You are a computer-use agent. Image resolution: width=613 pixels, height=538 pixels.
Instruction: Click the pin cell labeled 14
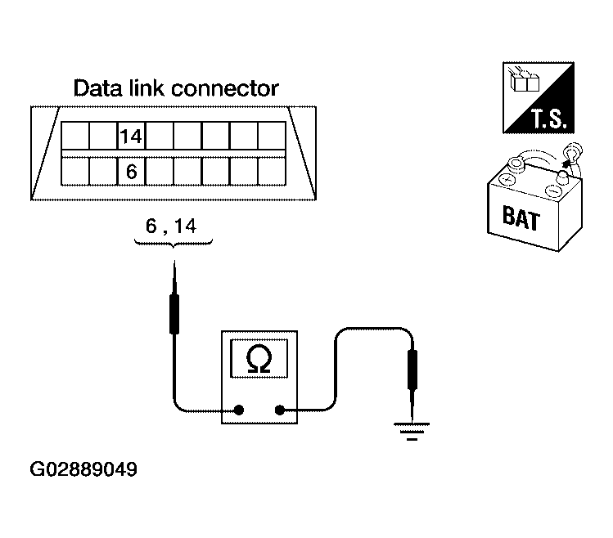pyautogui.click(x=131, y=136)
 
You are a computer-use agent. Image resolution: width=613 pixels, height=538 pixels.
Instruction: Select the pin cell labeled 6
pyautogui.click(x=131, y=171)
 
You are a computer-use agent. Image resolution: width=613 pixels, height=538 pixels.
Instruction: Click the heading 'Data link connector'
pyautogui.click(x=176, y=88)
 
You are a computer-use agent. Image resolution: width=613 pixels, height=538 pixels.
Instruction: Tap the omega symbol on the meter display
pyautogui.click(x=259, y=359)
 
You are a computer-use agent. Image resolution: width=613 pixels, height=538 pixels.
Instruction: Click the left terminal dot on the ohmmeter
pyautogui.click(x=238, y=410)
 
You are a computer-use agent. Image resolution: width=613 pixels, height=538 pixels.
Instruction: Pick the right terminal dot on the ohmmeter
pyautogui.click(x=280, y=410)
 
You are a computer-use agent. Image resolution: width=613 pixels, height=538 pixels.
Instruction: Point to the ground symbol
pyautogui.click(x=412, y=432)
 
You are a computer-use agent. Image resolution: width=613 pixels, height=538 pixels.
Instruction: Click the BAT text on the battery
pyautogui.click(x=521, y=217)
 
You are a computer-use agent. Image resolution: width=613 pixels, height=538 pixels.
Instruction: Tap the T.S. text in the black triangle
pyautogui.click(x=549, y=119)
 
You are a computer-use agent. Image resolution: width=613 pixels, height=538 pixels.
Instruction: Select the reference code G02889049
pyautogui.click(x=83, y=469)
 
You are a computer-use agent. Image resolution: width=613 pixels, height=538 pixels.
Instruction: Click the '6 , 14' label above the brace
pyautogui.click(x=171, y=226)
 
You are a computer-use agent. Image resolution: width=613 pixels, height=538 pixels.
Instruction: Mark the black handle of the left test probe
pyautogui.click(x=174, y=314)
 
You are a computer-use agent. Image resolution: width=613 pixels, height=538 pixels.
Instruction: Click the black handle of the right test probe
pyautogui.click(x=412, y=370)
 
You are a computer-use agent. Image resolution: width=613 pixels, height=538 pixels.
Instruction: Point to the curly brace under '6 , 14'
pyautogui.click(x=174, y=244)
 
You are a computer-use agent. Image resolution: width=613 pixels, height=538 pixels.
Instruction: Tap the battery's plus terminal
pyautogui.click(x=507, y=179)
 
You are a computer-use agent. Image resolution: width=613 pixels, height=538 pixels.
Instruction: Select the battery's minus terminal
pyautogui.click(x=553, y=191)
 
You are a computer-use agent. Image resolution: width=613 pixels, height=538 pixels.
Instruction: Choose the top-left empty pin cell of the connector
pyautogui.click(x=75, y=136)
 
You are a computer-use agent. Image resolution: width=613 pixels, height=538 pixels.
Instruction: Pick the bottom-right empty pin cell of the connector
pyautogui.click(x=272, y=171)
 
